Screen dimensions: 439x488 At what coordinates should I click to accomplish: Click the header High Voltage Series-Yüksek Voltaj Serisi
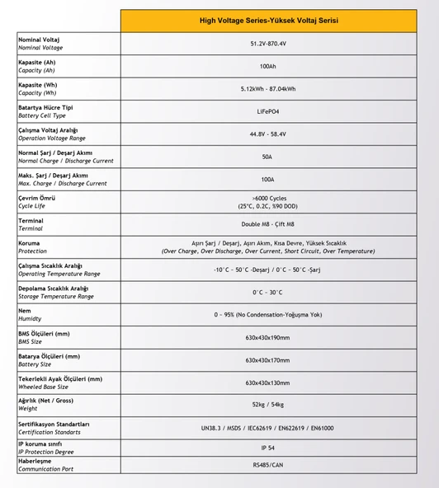pos(268,21)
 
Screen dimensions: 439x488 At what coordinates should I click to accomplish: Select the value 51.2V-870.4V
pos(268,44)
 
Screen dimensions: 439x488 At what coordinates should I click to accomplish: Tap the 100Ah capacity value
pos(268,66)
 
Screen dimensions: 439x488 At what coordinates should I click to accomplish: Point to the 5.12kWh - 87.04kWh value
pos(268,89)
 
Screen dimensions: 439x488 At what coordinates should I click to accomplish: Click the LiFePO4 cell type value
pos(268,111)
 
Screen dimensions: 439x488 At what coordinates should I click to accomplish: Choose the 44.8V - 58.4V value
pos(268,134)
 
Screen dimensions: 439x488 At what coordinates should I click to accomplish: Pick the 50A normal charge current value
pos(268,157)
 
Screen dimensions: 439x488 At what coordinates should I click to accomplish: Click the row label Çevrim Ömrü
pos(37,198)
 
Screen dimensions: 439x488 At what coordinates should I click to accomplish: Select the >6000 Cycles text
pos(268,198)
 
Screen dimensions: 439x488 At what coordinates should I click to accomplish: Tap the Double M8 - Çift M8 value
pos(268,224)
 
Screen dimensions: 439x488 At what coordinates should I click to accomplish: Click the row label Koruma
pos(29,243)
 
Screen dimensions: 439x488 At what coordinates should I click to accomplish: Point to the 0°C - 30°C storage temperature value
pos(268,293)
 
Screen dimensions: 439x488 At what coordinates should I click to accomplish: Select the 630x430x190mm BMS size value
pos(268,338)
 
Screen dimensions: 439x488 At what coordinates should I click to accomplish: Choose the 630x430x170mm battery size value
pos(268,360)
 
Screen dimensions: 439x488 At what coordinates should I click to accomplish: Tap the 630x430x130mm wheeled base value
pos(268,382)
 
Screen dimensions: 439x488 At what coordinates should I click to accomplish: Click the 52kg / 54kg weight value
pos(268,405)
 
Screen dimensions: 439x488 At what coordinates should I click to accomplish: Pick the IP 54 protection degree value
pos(268,448)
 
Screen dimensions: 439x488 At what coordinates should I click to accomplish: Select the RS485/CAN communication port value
pos(268,465)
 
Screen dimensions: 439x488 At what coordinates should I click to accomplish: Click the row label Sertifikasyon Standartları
pos(54,424)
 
